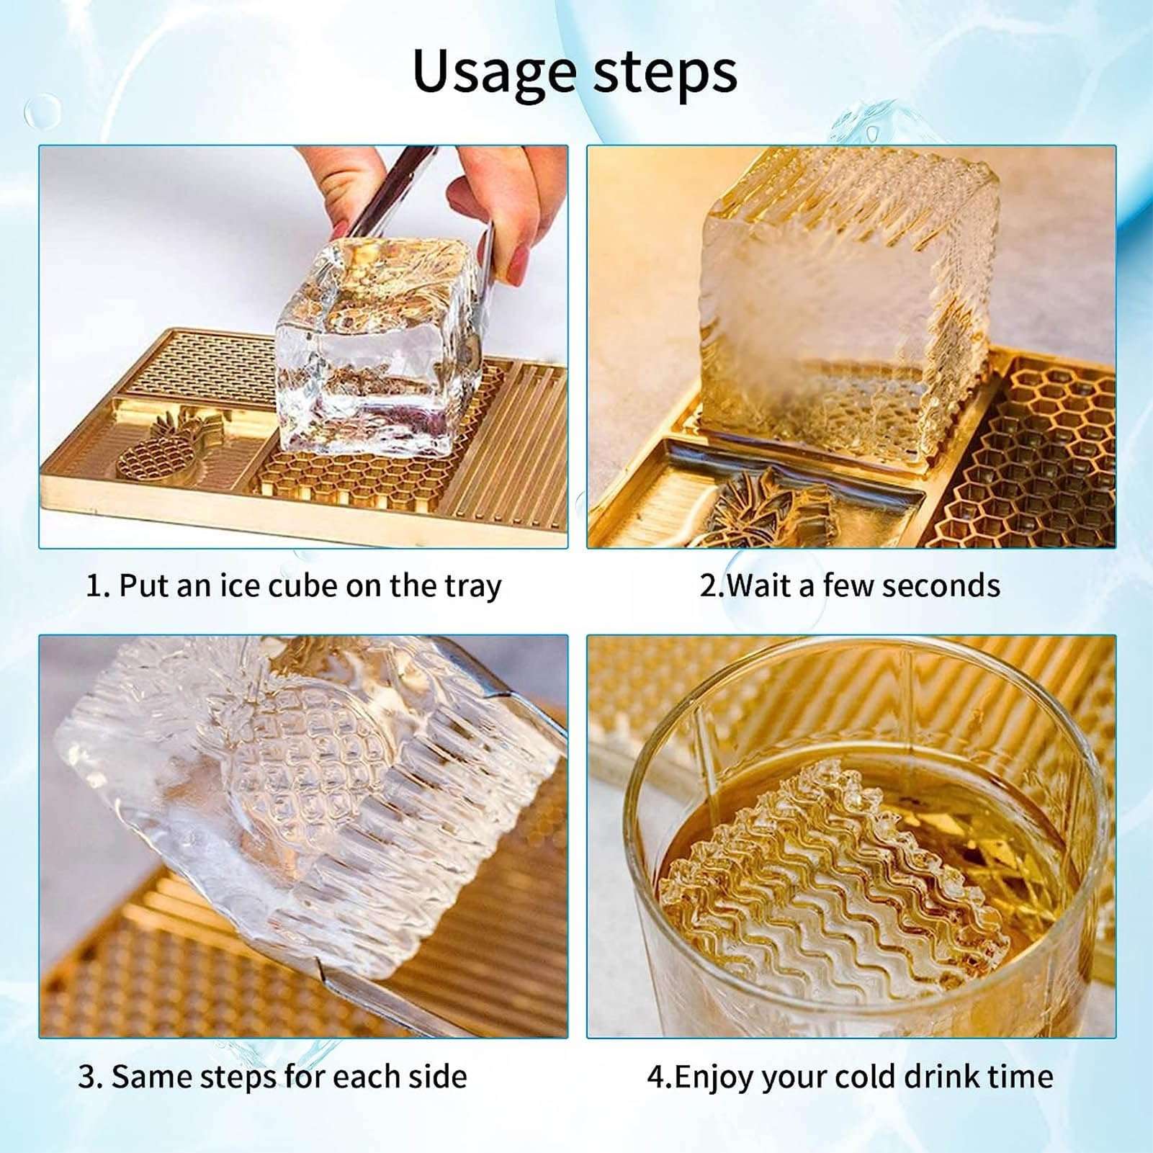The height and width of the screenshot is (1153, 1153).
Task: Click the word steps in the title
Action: (x=665, y=73)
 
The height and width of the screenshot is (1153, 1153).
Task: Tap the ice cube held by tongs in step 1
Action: (x=378, y=346)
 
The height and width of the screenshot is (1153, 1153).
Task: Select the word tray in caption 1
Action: (x=472, y=586)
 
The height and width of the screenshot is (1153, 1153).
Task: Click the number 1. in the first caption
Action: (x=97, y=586)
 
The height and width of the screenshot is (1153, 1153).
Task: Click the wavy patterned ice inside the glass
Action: (x=835, y=886)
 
